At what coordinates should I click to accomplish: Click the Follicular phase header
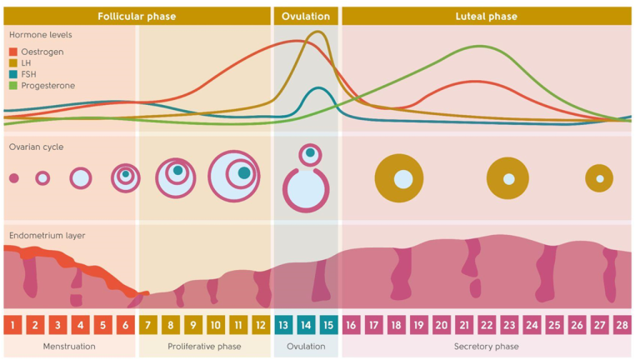(x=137, y=16)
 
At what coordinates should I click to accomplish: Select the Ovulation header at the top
(x=306, y=16)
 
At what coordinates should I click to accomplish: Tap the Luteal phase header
(x=486, y=16)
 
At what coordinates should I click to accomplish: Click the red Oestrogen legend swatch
(x=13, y=52)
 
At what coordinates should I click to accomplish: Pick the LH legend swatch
(x=13, y=62)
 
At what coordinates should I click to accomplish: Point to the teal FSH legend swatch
(x=13, y=74)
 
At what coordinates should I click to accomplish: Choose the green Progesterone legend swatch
(x=13, y=85)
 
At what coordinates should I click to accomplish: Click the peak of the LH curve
(x=317, y=32)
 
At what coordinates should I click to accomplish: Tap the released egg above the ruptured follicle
(x=310, y=152)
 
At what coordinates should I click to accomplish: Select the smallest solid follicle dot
(x=13, y=178)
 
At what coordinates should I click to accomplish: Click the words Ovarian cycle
(x=37, y=147)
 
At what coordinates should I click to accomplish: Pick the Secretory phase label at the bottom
(x=487, y=347)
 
